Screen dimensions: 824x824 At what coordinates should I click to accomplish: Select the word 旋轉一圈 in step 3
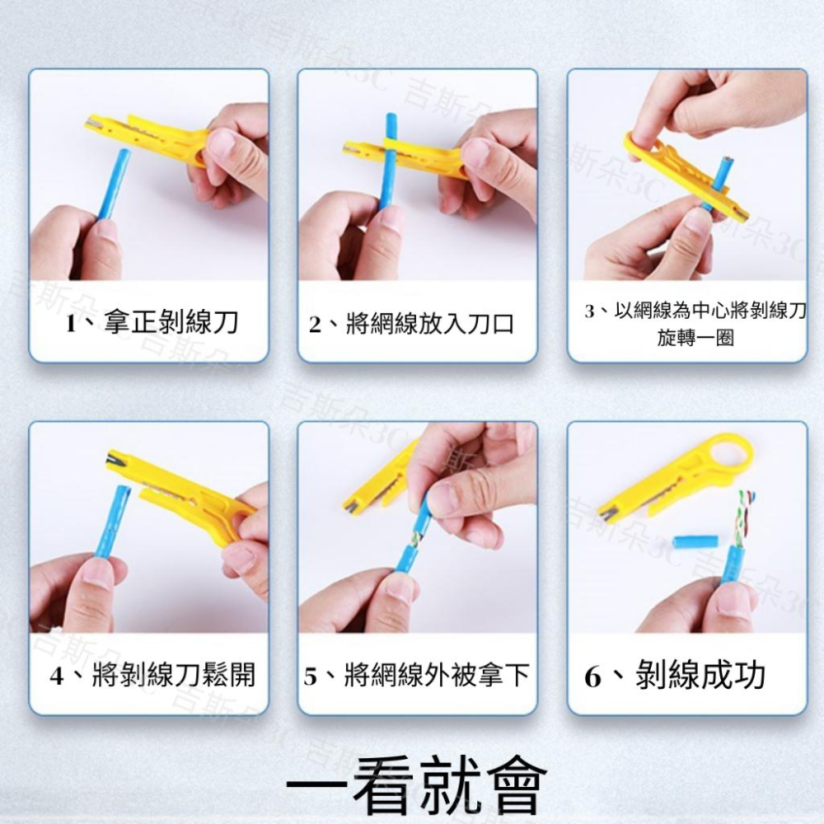point(695,339)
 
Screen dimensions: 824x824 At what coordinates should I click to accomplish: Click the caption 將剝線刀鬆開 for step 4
point(174,676)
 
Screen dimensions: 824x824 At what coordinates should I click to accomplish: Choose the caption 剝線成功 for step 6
point(700,676)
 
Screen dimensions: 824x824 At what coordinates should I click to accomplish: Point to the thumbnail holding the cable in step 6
point(733,600)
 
